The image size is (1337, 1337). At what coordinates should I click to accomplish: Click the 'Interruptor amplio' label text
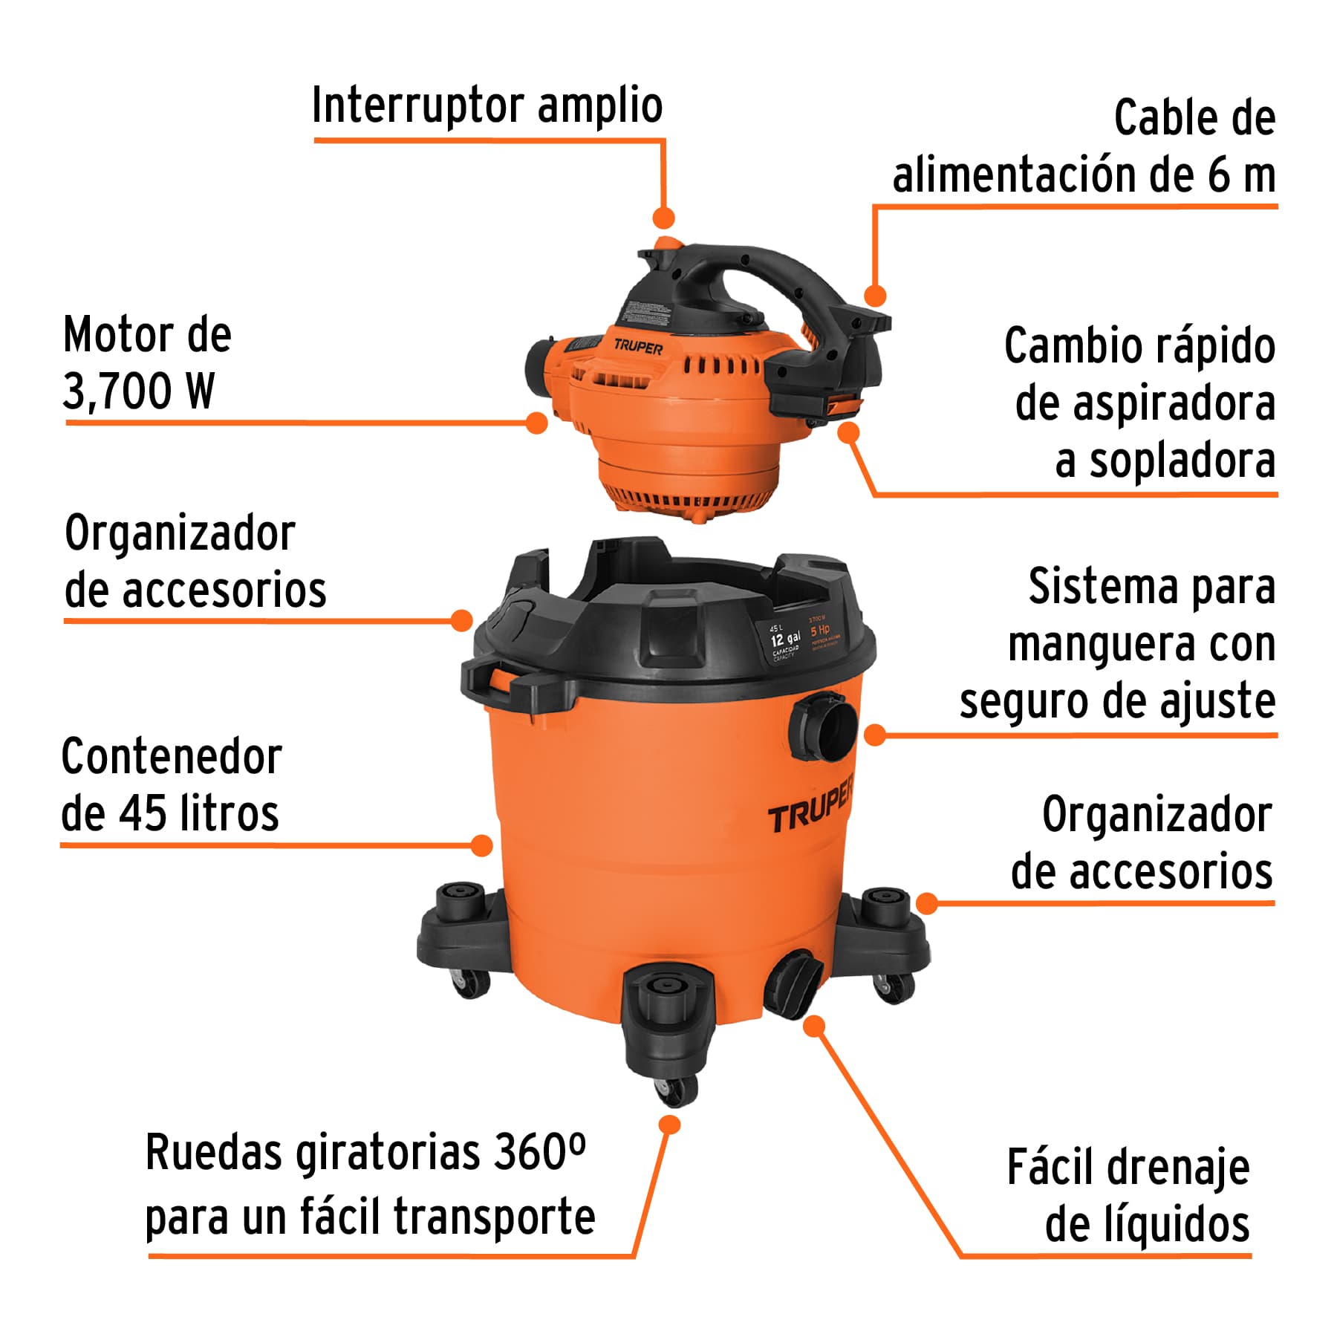[x=487, y=106]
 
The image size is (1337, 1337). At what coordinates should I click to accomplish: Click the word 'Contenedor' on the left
[x=172, y=758]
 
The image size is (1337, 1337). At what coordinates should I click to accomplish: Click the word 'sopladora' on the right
[x=1182, y=461]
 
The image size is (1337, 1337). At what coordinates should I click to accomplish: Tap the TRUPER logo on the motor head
[x=638, y=347]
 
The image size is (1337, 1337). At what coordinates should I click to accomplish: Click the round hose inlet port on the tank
[x=824, y=726]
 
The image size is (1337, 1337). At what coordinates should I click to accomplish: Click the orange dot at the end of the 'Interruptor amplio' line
[x=663, y=218]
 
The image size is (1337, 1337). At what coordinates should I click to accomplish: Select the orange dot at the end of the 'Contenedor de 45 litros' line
[x=482, y=845]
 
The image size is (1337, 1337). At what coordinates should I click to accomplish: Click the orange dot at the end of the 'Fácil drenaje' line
[x=815, y=1027]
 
